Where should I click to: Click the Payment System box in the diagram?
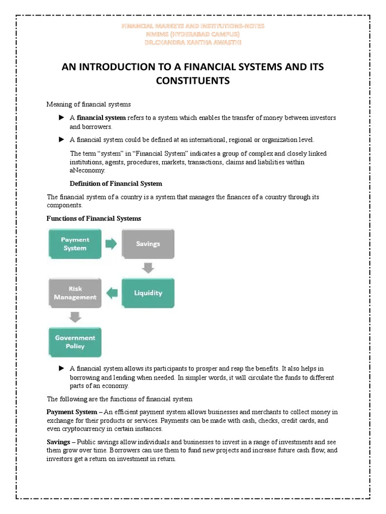coord(75,244)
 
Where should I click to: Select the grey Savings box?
coord(148,244)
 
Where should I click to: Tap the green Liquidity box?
coord(148,293)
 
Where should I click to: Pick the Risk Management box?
coord(75,293)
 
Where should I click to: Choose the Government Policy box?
coord(75,342)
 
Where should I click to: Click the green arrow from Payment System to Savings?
coord(111,244)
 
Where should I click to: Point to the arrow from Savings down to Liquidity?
coord(148,268)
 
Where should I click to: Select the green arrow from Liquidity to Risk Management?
coord(112,293)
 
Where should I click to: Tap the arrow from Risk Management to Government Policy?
coord(75,317)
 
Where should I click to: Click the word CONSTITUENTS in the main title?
coord(193,80)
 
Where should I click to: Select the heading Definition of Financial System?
coord(116,183)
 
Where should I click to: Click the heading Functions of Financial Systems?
coord(94,218)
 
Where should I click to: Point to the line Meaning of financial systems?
coord(88,104)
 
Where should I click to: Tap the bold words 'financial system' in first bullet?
coord(101,117)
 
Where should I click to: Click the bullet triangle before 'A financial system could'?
coord(61,139)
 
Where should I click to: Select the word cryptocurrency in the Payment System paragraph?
coord(86,429)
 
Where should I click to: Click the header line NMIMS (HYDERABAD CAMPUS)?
coord(193,34)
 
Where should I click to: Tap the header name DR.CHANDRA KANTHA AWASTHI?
coord(193,42)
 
